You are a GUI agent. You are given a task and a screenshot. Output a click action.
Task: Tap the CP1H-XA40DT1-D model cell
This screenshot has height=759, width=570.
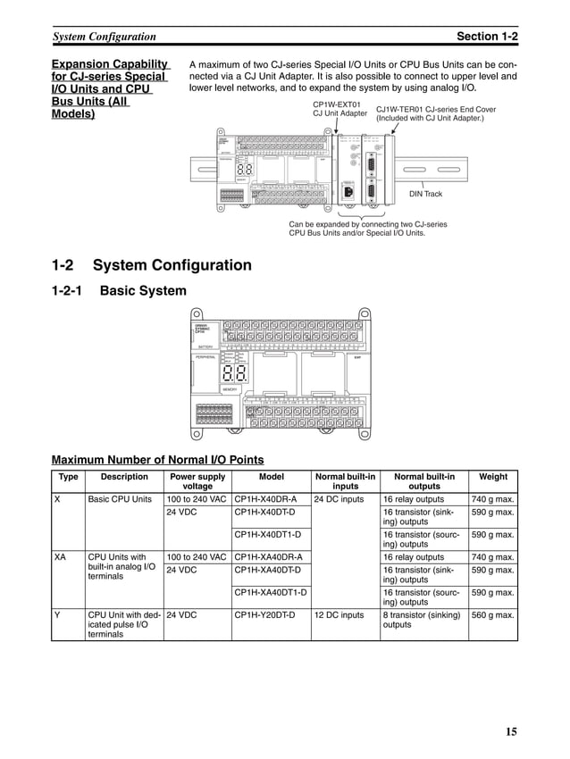tap(270, 592)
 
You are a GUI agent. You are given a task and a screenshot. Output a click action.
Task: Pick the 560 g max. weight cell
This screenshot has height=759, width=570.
tap(492, 615)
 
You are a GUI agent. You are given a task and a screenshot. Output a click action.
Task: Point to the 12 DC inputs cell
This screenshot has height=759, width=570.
tap(339, 615)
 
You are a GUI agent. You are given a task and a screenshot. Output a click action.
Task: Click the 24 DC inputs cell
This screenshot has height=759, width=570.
tap(339, 499)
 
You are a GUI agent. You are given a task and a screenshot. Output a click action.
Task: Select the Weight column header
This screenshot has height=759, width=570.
tap(493, 477)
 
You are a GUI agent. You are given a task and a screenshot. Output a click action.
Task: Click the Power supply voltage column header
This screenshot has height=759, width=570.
tap(197, 482)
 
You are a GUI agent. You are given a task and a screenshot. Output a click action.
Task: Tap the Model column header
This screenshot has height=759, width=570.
tap(271, 477)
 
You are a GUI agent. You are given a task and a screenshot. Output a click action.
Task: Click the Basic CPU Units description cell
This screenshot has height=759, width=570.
tap(120, 499)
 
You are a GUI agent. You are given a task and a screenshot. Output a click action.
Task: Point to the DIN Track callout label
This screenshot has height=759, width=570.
tap(425, 194)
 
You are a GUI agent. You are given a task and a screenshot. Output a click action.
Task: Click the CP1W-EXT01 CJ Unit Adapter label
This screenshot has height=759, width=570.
tap(339, 109)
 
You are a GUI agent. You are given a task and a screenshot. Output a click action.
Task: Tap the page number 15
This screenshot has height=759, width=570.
tap(509, 732)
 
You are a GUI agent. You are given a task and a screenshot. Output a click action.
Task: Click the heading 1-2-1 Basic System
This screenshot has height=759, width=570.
tap(120, 291)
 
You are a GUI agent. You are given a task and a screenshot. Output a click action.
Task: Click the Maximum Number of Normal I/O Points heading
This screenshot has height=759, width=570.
tap(157, 460)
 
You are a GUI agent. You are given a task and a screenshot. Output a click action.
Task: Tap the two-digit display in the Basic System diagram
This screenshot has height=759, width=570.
tap(236, 374)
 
